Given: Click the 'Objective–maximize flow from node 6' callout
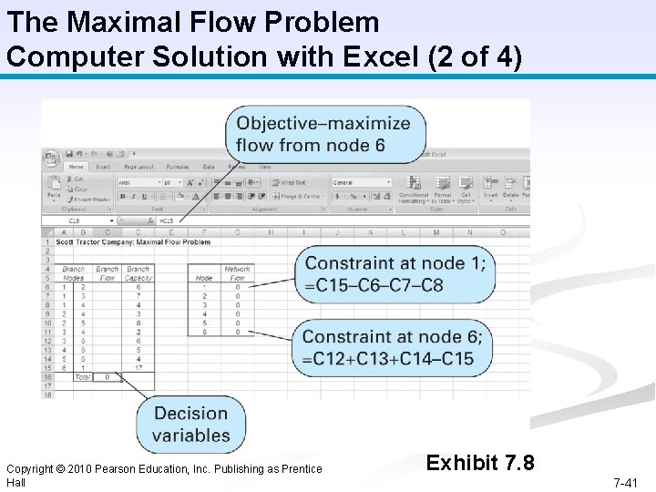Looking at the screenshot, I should tap(324, 134).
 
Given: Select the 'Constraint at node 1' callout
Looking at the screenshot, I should tap(395, 274).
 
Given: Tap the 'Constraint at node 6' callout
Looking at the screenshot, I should tap(393, 348).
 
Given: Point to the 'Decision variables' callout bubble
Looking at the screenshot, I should tap(191, 425).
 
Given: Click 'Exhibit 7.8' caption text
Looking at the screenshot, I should tap(480, 463).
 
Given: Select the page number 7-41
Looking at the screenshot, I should tap(625, 482).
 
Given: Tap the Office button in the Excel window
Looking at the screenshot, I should tap(51, 157).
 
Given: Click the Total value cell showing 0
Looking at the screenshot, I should tap(108, 376).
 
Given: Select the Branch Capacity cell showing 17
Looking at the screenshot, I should tap(138, 368).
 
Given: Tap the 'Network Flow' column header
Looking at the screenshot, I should tap(237, 273).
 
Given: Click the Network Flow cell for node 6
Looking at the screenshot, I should tap(237, 332).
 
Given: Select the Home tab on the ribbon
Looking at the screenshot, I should tap(76, 168).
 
